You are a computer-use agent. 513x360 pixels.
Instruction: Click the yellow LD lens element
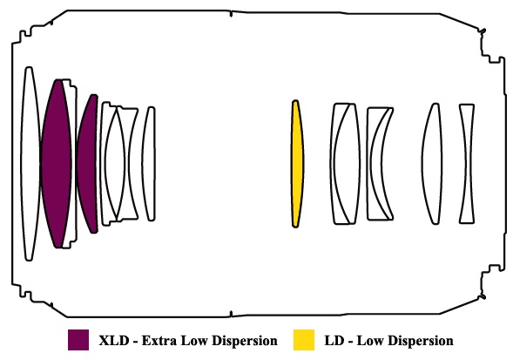(x=297, y=164)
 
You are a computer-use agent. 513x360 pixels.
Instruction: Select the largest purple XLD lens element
(x=56, y=164)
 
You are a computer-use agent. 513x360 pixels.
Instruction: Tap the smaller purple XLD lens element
(x=88, y=164)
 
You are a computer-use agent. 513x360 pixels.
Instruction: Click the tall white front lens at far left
(x=30, y=164)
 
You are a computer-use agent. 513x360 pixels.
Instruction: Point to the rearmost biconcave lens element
(x=467, y=164)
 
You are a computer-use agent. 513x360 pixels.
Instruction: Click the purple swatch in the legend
(x=78, y=340)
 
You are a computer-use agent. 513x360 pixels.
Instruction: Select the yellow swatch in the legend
(x=304, y=340)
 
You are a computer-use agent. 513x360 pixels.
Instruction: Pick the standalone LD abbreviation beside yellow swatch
(x=334, y=341)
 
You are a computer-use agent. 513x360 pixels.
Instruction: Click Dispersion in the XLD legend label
(x=244, y=342)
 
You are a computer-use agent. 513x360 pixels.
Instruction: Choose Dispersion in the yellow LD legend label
(x=420, y=342)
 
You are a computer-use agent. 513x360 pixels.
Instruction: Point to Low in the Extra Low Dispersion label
(x=193, y=341)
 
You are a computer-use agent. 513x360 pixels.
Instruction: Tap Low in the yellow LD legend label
(x=369, y=341)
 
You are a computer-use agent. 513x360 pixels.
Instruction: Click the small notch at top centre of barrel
(x=231, y=14)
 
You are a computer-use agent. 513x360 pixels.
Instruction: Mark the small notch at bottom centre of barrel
(x=231, y=314)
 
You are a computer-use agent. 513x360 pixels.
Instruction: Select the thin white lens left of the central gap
(x=149, y=164)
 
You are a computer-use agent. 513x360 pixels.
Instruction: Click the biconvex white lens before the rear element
(x=431, y=164)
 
